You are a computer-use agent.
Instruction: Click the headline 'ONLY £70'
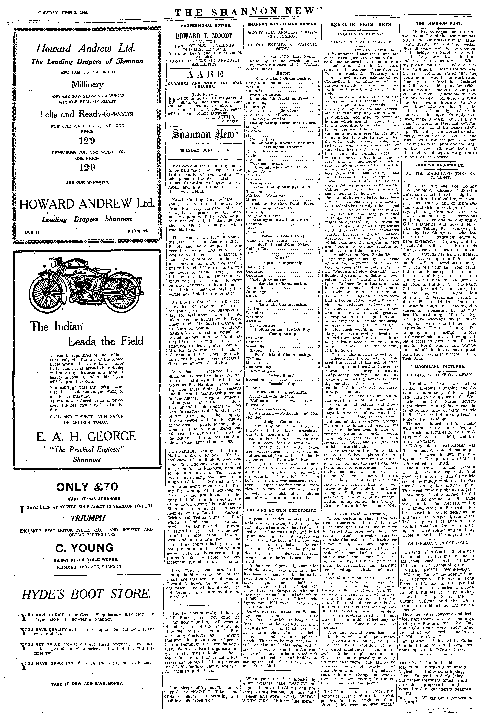87,487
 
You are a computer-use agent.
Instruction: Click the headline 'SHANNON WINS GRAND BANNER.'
282,24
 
